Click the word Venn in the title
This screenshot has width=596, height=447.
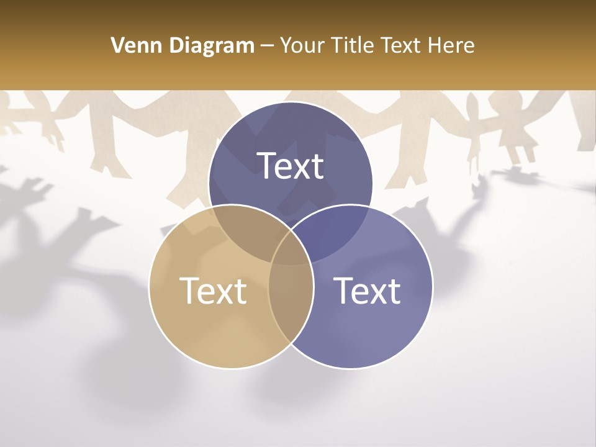coord(132,45)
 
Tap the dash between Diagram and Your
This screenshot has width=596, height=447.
coord(267,46)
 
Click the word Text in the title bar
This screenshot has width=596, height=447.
coord(404,45)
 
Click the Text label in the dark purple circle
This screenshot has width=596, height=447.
coord(291,166)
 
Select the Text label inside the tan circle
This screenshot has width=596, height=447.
coord(213,291)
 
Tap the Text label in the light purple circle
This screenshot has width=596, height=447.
coord(368,291)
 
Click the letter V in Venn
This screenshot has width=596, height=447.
coord(117,45)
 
